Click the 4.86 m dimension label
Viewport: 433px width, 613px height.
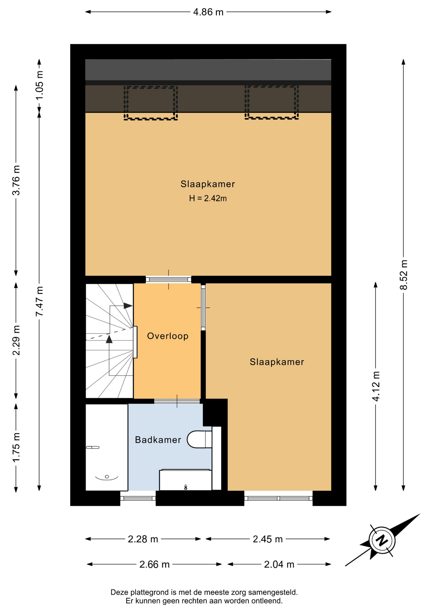click(208, 12)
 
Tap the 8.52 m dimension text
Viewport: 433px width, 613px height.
click(404, 275)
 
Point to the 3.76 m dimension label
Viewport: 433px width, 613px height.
click(16, 180)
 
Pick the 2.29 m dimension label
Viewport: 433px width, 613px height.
click(16, 340)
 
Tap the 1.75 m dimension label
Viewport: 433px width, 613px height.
click(16, 447)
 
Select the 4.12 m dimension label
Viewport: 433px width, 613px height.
click(376, 386)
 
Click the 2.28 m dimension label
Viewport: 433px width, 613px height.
click(143, 539)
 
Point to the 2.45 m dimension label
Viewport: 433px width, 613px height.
click(268, 539)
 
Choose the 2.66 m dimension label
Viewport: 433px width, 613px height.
click(154, 564)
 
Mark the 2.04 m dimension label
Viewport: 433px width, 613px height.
click(279, 564)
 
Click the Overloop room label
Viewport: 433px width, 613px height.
click(168, 336)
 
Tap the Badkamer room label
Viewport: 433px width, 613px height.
click(158, 440)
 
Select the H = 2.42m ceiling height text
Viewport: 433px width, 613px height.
click(208, 199)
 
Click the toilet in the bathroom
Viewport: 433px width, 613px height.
click(199, 439)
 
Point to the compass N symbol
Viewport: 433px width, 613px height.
click(382, 541)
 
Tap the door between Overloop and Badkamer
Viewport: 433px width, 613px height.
click(177, 401)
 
